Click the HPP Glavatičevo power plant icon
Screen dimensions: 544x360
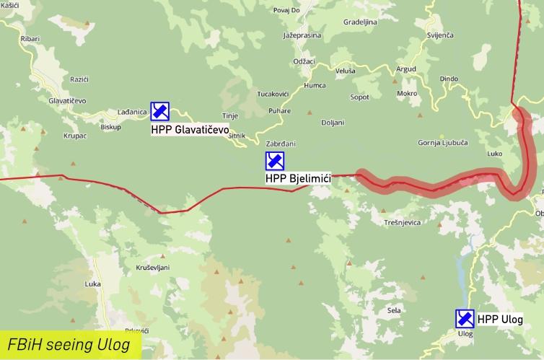(159, 111)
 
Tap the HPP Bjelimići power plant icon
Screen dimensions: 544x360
(274, 161)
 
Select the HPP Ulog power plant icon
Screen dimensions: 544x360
(465, 318)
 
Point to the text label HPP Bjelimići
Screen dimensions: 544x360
(298, 179)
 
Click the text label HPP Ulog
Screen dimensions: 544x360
(499, 319)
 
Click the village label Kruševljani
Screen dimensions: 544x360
(152, 267)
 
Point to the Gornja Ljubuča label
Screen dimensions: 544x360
(443, 143)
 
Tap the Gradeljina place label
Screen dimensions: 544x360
(360, 22)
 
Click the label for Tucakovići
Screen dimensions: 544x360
(273, 95)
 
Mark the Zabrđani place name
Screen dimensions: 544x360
(281, 144)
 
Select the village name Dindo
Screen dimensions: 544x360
(449, 78)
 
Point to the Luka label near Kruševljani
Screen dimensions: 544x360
(92, 284)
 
